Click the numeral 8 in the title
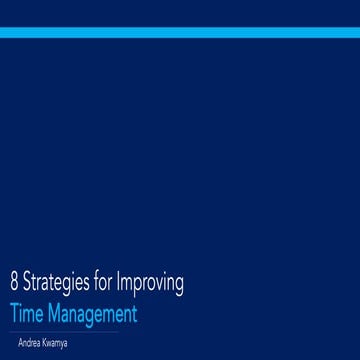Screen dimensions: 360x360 tap(12, 283)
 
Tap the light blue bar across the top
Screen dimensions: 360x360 tap(180, 33)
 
